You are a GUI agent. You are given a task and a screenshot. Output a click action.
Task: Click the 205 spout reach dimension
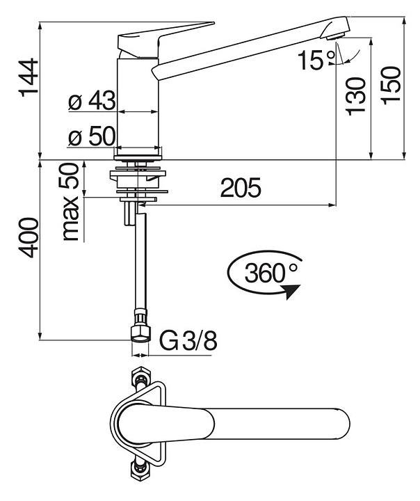tap(241, 188)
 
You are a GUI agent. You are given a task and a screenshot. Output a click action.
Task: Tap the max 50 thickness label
tap(70, 202)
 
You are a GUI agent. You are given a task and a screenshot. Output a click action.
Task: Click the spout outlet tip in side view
tap(336, 26)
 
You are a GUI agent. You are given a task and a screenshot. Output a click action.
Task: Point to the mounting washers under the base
tap(140, 177)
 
